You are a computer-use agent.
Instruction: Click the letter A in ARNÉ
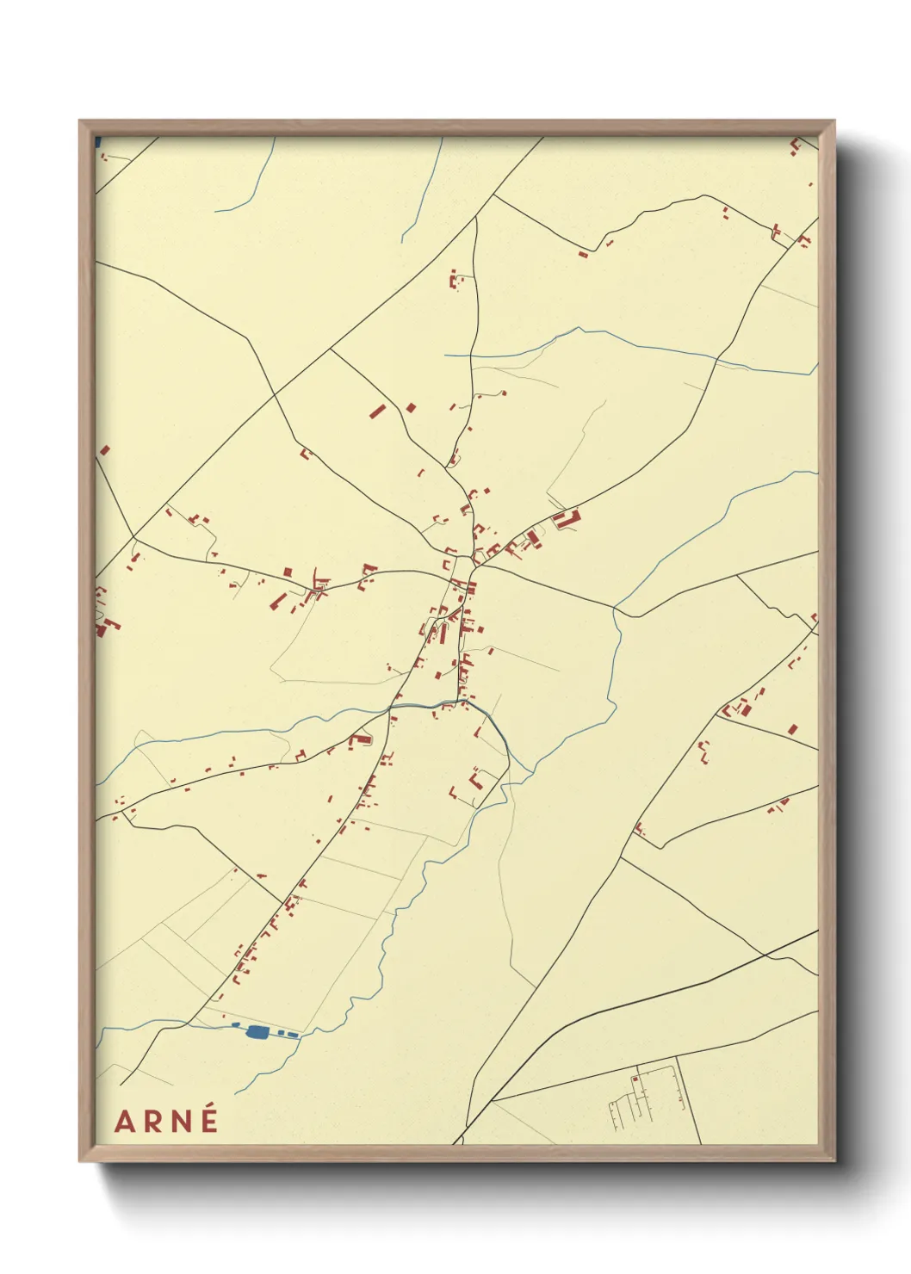[124, 1122]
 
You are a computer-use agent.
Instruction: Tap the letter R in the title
[152, 1122]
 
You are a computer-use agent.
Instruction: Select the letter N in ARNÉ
[180, 1122]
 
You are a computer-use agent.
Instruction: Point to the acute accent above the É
[209, 1108]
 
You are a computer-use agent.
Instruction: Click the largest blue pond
[257, 1030]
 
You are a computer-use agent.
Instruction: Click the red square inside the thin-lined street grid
[635, 1079]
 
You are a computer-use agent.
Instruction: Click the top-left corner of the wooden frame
[80, 121]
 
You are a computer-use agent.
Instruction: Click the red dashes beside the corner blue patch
[104, 157]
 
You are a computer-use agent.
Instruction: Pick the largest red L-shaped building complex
[567, 519]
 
